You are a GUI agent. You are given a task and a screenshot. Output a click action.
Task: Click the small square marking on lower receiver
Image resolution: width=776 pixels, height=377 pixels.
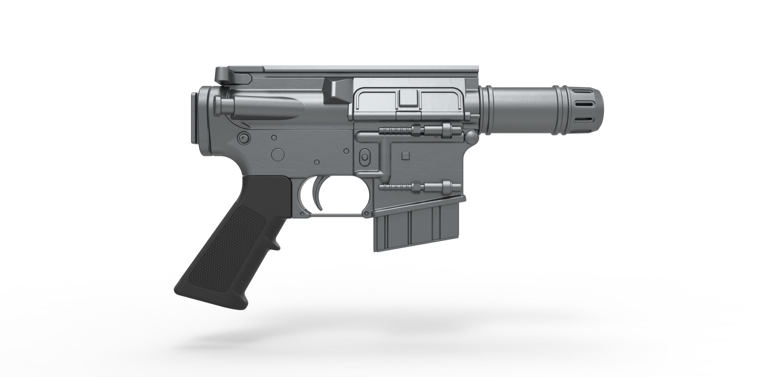[405, 156]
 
